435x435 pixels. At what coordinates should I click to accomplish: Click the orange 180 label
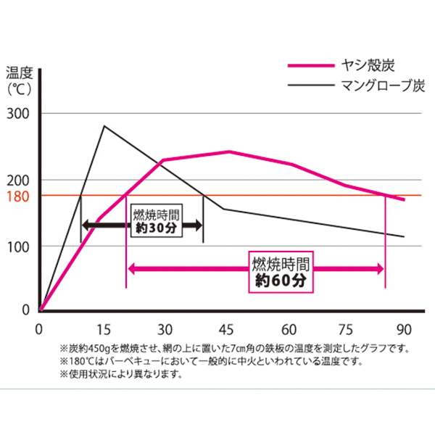tap(18, 196)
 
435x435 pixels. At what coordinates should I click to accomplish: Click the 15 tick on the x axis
tap(104, 328)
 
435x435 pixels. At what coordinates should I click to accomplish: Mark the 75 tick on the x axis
tap(343, 328)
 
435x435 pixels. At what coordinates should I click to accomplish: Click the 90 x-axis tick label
tap(404, 328)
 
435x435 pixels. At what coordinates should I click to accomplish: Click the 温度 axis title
tap(20, 72)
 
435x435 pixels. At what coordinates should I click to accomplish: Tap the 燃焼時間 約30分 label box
tap(156, 221)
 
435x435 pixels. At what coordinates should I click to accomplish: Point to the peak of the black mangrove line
tap(104, 126)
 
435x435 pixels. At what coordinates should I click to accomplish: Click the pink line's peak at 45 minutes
tap(229, 152)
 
